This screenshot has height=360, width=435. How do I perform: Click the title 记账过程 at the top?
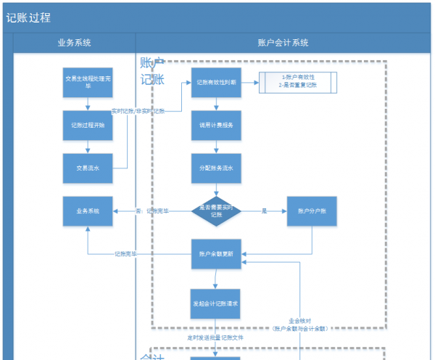click(x=29, y=18)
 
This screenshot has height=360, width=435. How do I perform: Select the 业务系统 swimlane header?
click(x=74, y=43)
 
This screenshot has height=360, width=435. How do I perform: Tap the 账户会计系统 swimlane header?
click(x=283, y=43)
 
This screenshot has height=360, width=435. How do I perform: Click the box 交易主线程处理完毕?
click(x=88, y=82)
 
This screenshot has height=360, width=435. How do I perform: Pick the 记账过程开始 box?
click(x=88, y=125)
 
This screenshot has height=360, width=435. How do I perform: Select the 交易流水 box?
click(x=88, y=168)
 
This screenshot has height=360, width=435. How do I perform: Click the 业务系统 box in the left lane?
click(x=88, y=210)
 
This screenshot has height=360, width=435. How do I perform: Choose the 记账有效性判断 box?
click(x=215, y=83)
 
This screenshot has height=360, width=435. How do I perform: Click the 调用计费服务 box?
click(x=215, y=125)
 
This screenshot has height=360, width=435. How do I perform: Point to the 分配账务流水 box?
click(x=215, y=168)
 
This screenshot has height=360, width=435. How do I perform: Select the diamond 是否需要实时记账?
click(x=215, y=210)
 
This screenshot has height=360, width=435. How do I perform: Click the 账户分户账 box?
click(x=312, y=210)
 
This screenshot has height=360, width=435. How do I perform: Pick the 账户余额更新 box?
click(x=215, y=254)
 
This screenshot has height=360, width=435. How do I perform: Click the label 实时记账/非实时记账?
click(x=138, y=112)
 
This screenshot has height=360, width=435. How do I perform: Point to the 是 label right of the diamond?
click(x=265, y=210)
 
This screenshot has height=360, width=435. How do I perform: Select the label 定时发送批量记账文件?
click(x=215, y=338)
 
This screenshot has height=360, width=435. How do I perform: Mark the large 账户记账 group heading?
click(x=152, y=72)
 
